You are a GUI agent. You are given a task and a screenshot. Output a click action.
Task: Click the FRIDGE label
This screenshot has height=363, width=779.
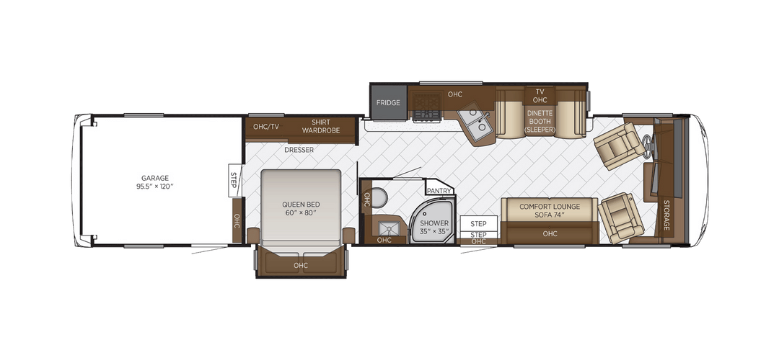pyautogui.click(x=388, y=103)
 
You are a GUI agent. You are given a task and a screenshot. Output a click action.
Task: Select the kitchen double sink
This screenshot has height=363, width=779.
pyautogui.click(x=475, y=122)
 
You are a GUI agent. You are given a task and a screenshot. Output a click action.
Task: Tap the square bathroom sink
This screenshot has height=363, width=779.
pyautogui.click(x=386, y=228)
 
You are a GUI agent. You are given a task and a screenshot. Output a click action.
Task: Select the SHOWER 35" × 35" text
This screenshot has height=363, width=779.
pyautogui.click(x=433, y=227)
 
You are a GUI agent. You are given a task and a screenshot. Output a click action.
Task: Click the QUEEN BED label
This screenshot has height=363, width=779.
pyautogui.click(x=301, y=208)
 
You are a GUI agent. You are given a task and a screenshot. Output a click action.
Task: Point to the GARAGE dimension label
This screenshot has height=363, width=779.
pyautogui.click(x=155, y=182)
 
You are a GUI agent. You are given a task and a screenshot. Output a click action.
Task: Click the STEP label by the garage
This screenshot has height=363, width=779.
pyautogui.click(x=234, y=180)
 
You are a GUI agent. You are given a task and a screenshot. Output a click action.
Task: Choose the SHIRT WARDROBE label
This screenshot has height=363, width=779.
pyautogui.click(x=320, y=126)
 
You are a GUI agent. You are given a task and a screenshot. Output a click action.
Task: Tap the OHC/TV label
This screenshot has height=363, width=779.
pyautogui.click(x=266, y=127)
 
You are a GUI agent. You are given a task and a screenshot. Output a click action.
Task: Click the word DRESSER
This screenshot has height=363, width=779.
pyautogui.click(x=299, y=149)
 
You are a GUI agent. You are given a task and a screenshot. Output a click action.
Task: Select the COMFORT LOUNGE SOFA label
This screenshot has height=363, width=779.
pyautogui.click(x=550, y=210)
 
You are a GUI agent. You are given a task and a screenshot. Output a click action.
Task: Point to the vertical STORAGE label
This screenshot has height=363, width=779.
pyautogui.click(x=666, y=215)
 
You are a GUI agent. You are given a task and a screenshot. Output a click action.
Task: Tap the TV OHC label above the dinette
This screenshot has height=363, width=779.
pyautogui.click(x=540, y=96)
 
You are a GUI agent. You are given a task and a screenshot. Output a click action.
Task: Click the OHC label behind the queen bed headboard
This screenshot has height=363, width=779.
pyautogui.click(x=301, y=265)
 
